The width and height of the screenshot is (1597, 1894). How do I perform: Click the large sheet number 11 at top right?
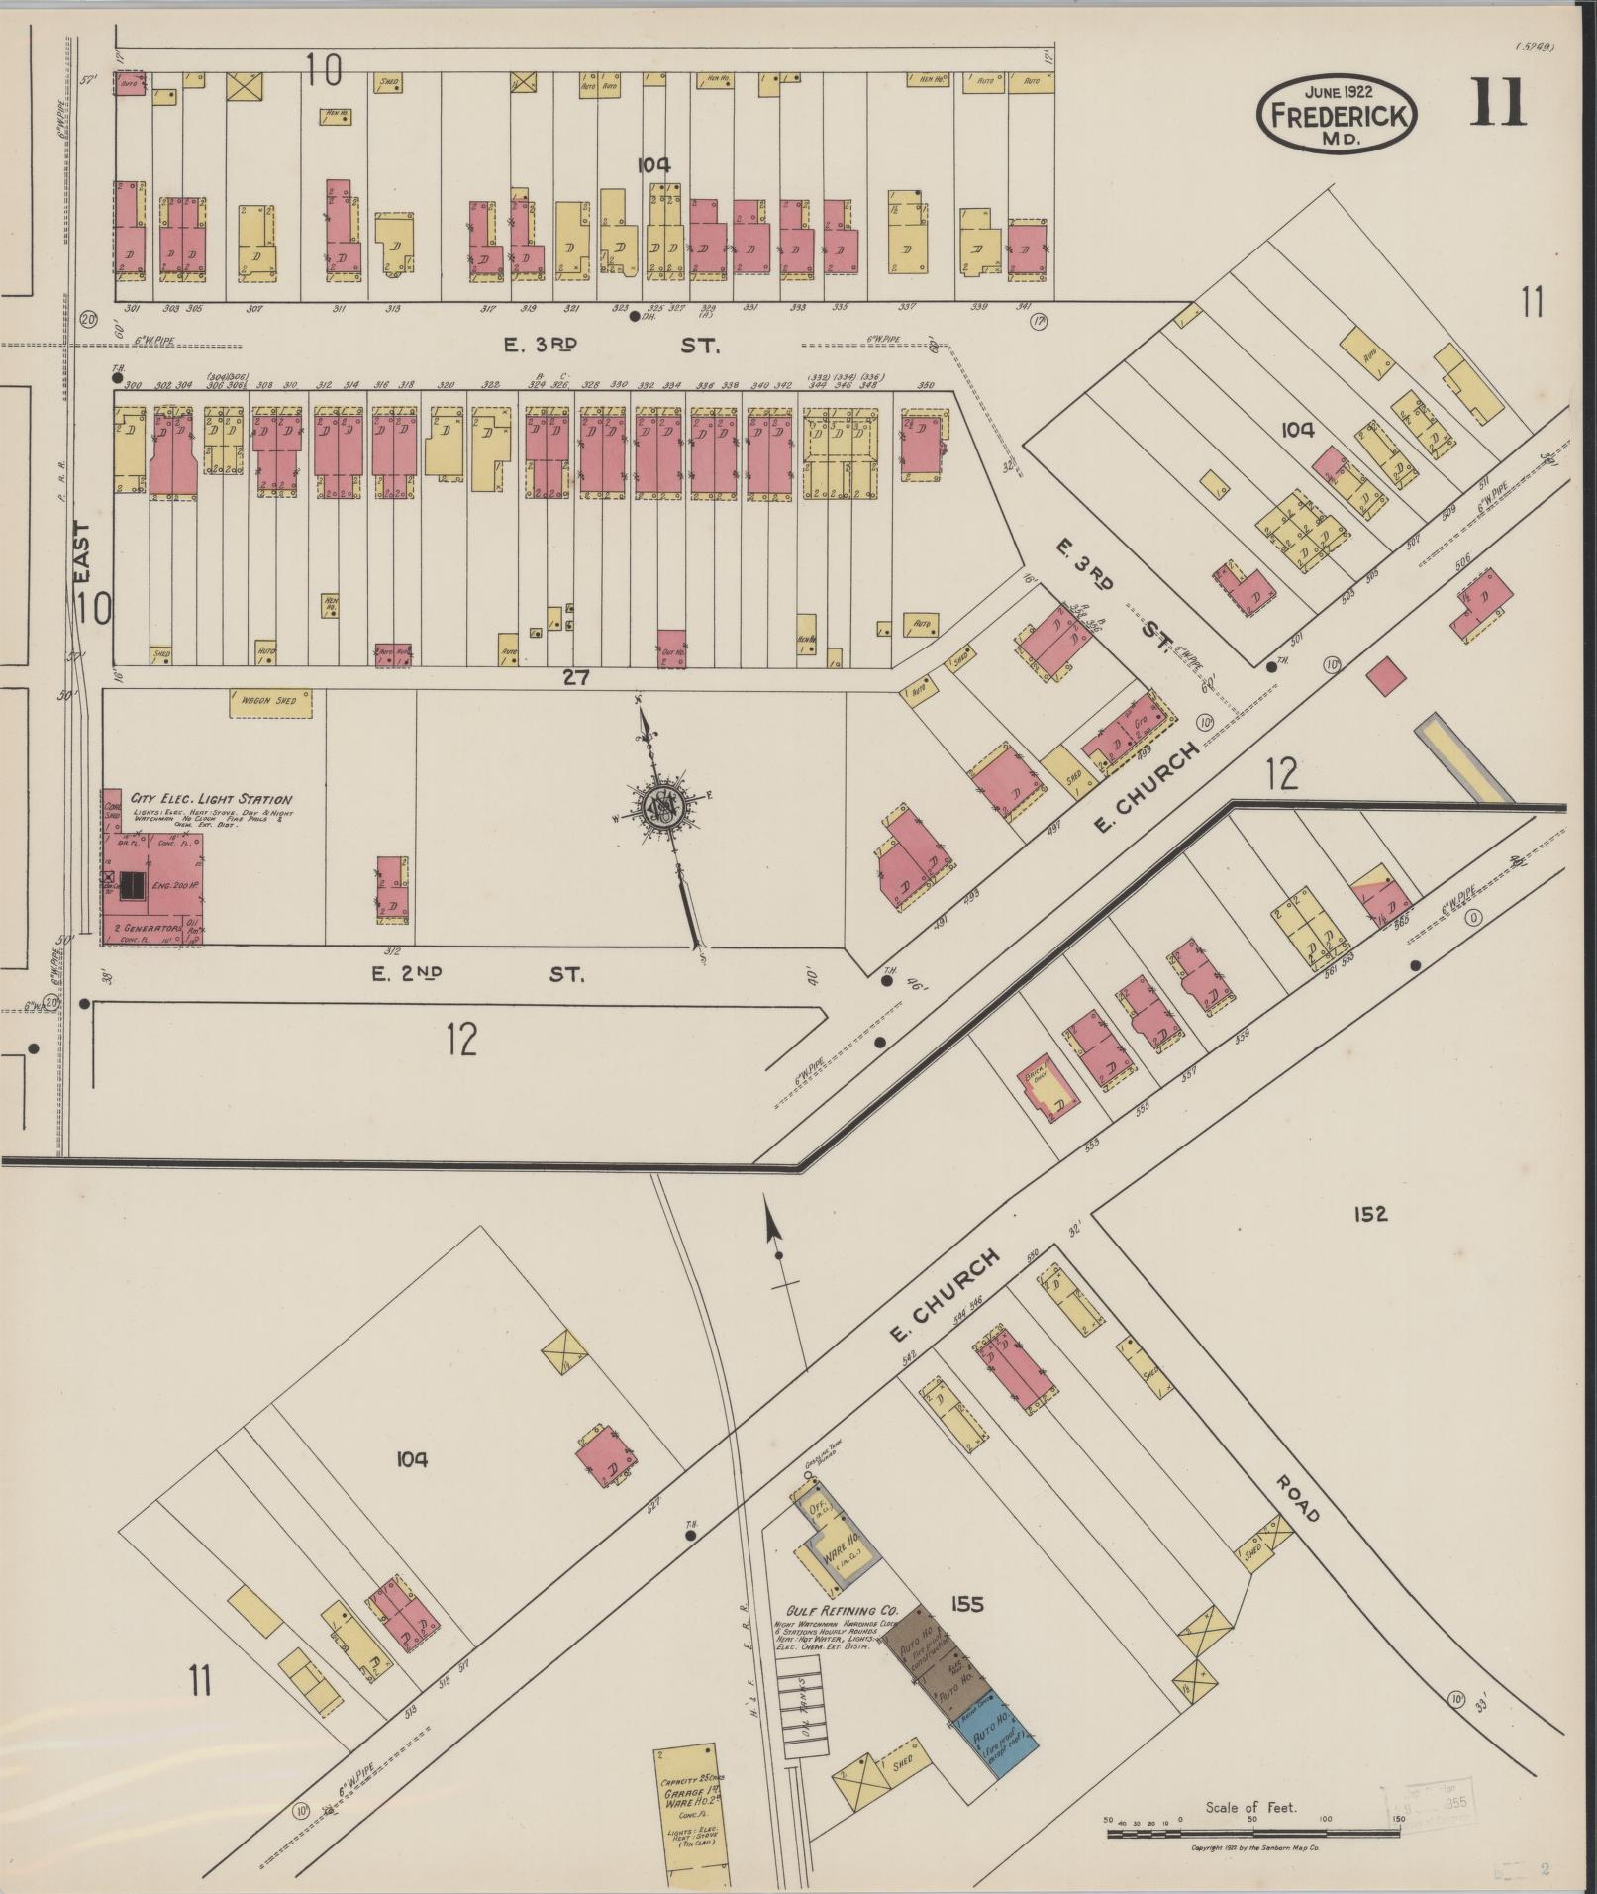pyautogui.click(x=1498, y=104)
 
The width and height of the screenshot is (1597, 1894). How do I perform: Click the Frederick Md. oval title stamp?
pyautogui.click(x=1336, y=115)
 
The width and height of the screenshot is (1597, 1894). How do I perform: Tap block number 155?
pyautogui.click(x=966, y=1604)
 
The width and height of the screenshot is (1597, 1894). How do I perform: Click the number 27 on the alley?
pyautogui.click(x=576, y=678)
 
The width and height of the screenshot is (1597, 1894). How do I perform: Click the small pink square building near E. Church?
pyautogui.click(x=1386, y=676)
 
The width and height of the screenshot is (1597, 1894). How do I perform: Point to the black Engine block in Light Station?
pyautogui.click(x=131, y=884)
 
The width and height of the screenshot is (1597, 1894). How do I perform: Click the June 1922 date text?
pyautogui.click(x=1336, y=91)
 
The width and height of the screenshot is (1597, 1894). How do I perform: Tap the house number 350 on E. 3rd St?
pyautogui.click(x=926, y=386)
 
